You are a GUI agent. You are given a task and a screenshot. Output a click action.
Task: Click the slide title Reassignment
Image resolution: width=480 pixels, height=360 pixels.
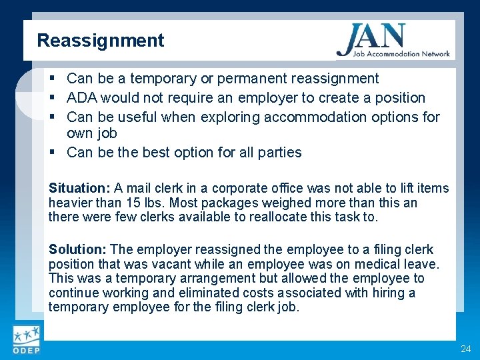(x=100, y=41)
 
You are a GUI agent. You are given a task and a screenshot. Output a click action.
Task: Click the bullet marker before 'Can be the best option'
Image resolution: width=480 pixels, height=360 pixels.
(x=53, y=153)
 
